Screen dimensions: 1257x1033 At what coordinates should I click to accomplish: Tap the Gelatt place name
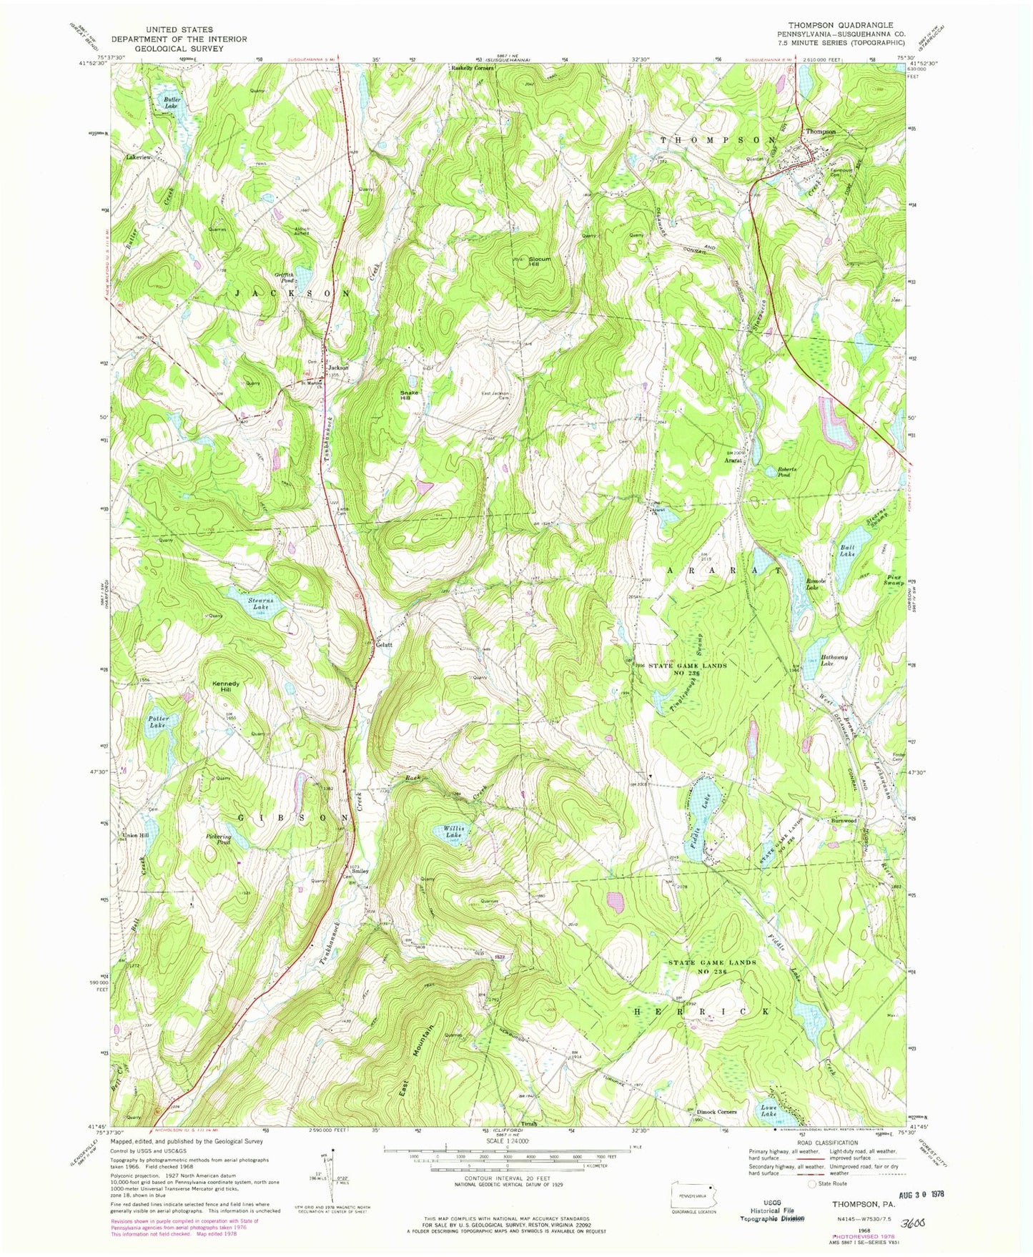pos(385,644)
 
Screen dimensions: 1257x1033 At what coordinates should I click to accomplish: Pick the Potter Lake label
pos(157,722)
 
